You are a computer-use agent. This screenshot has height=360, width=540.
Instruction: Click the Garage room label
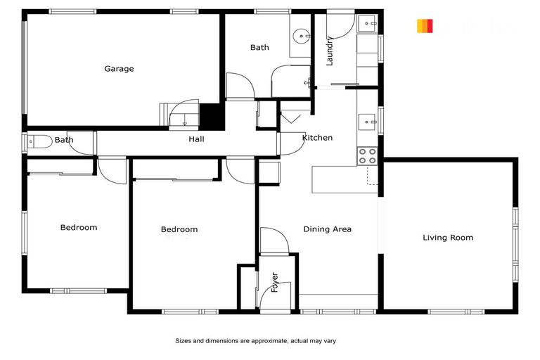pyautogui.click(x=119, y=69)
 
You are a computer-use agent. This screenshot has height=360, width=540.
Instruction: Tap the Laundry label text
pyautogui.click(x=329, y=51)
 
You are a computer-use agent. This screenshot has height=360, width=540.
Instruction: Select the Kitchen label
pyautogui.click(x=317, y=138)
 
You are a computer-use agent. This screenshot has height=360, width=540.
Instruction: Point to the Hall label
pyautogui.click(x=196, y=139)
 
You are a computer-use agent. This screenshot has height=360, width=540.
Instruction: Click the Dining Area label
pyautogui.click(x=327, y=229)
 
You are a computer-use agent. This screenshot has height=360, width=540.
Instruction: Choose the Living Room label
pyautogui.click(x=448, y=238)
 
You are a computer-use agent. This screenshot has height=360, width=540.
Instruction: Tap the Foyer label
pyautogui.click(x=274, y=282)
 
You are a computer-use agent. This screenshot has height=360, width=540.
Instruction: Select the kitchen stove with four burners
pyautogui.click(x=367, y=156)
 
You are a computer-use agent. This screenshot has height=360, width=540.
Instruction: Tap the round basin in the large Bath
pyautogui.click(x=302, y=34)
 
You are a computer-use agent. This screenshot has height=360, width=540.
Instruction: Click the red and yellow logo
pyautogui.click(x=425, y=26)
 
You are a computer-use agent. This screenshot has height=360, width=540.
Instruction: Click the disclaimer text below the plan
pyautogui.click(x=256, y=341)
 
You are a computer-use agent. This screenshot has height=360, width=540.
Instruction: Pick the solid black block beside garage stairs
pyautogui.click(x=212, y=115)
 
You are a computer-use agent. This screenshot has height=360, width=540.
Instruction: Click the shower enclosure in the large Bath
pyautogui.click(x=291, y=81)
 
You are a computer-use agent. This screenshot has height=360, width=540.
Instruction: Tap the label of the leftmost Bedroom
pyautogui.click(x=79, y=228)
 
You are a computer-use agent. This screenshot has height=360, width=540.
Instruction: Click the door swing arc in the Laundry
pyautogui.click(x=339, y=25)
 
